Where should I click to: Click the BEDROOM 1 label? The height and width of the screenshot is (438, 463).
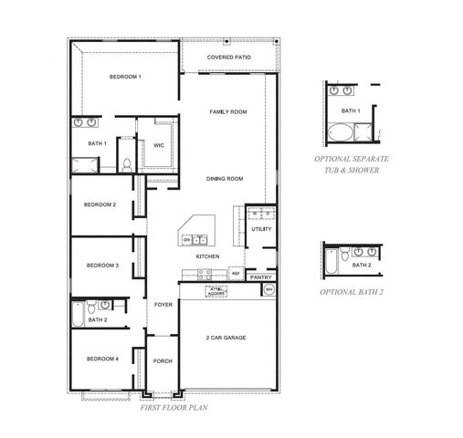124,77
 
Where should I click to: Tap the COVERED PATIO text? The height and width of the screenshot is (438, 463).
229,57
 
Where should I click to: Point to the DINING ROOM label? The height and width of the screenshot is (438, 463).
224,179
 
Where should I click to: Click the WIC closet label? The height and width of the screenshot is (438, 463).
158,145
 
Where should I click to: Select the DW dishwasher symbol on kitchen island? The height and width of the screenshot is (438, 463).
187,240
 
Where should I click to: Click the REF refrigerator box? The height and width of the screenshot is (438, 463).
235,273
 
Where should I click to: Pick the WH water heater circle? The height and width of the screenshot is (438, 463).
268,290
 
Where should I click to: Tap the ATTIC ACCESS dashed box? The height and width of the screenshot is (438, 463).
216,292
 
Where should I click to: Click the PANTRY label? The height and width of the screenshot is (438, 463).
260,276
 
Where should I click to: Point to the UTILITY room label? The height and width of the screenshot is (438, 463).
260,229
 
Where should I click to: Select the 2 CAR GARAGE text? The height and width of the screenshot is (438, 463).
226,338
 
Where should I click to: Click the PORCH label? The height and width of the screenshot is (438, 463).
163,361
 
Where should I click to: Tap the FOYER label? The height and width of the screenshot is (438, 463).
163,305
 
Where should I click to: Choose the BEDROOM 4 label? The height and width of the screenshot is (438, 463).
102,359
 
